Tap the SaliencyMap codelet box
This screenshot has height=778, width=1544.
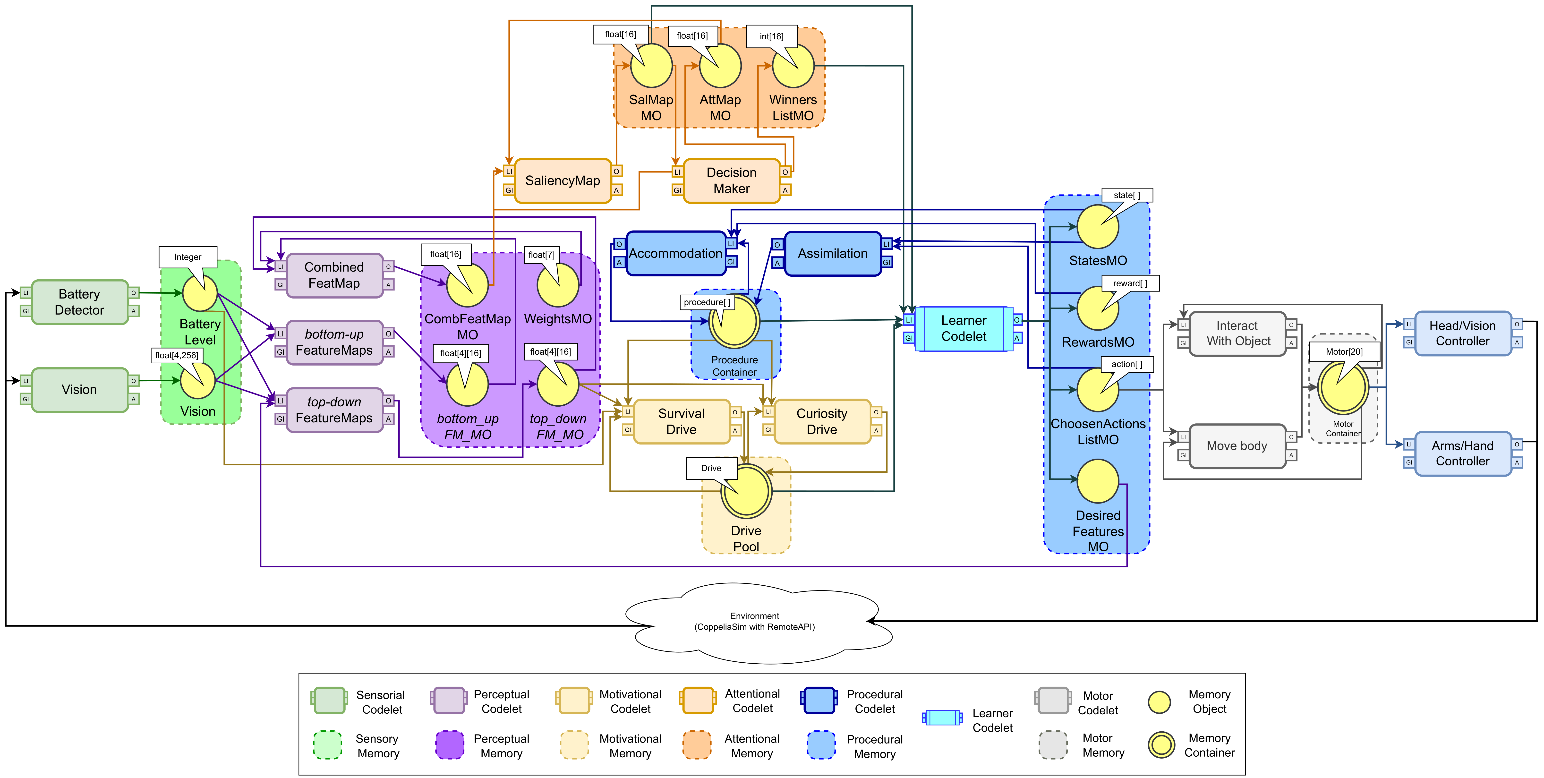[562, 180]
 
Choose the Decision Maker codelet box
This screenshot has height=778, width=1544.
[731, 180]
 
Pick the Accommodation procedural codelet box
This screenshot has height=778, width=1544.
[675, 254]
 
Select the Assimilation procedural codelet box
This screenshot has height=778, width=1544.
[833, 254]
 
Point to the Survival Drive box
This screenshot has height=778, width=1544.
[682, 421]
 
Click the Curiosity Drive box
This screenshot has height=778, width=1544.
[822, 421]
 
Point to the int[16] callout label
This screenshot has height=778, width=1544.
[771, 36]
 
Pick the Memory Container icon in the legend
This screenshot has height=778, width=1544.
[1161, 745]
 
